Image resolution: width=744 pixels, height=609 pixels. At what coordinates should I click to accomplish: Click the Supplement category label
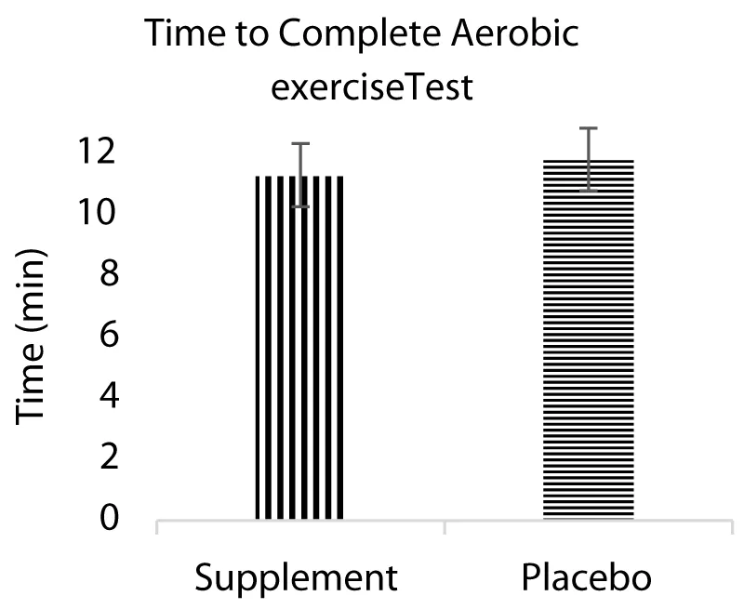point(297,579)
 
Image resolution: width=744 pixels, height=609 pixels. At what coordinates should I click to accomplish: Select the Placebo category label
point(587,577)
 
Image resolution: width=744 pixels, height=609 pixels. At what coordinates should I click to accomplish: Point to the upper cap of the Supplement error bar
point(300,144)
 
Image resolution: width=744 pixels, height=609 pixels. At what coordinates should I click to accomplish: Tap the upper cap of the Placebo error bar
point(588,128)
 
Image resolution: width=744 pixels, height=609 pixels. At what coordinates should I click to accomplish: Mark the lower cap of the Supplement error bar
point(300,206)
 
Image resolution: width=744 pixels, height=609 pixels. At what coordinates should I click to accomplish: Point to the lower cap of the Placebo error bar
point(588,191)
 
